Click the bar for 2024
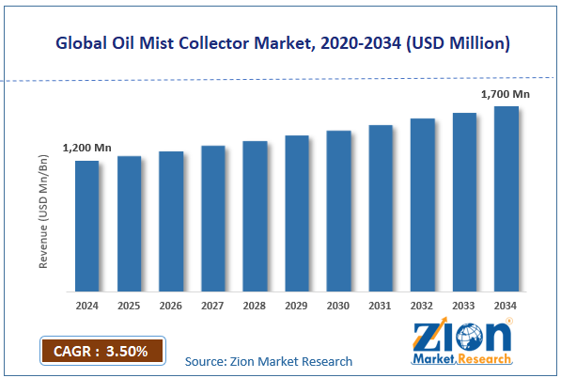click(x=86, y=226)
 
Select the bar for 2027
click(x=212, y=218)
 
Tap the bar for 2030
click(x=338, y=211)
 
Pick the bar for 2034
click(x=506, y=198)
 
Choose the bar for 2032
click(x=422, y=205)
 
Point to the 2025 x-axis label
click(x=129, y=306)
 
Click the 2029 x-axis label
click(x=297, y=306)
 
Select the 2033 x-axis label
click(x=464, y=306)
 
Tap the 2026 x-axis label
click(x=171, y=306)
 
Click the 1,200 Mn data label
click(x=87, y=149)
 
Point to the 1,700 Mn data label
click(x=506, y=94)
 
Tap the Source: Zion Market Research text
click(x=269, y=361)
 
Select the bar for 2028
click(x=255, y=215)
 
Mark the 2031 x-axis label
click(x=381, y=306)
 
